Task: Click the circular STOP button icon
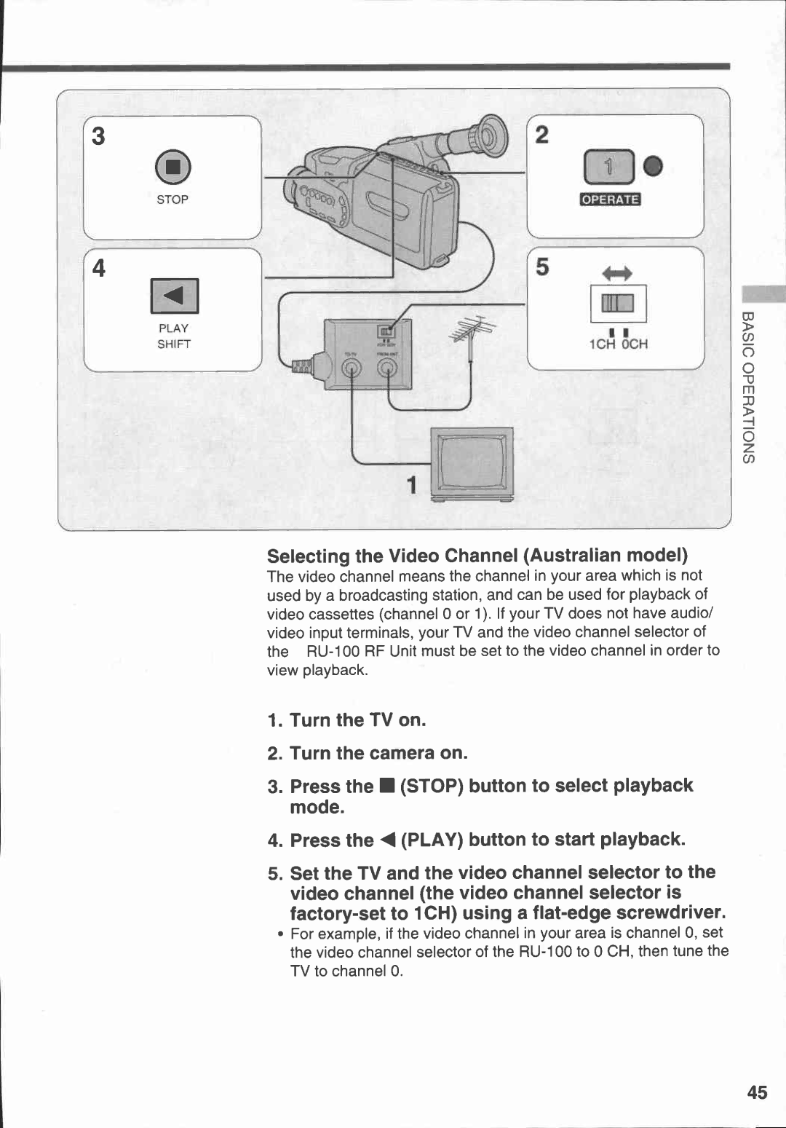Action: [x=172, y=168]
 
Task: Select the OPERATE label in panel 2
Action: [x=610, y=200]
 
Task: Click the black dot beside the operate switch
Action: [x=654, y=167]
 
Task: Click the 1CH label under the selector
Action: [x=602, y=344]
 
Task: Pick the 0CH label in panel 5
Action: [x=634, y=344]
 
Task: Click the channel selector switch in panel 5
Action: [x=618, y=304]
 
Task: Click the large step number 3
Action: [x=98, y=136]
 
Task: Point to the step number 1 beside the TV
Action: [x=412, y=484]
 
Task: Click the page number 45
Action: [x=757, y=1092]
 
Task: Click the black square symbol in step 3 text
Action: [x=386, y=786]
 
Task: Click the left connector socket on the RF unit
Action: [x=351, y=369]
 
